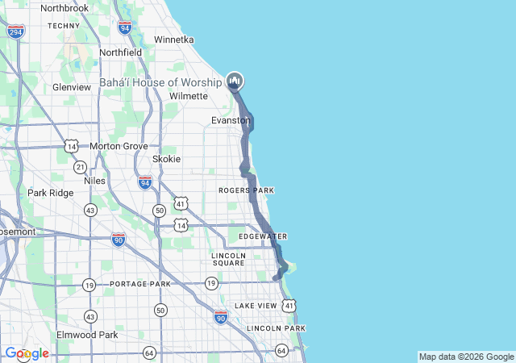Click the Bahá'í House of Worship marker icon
coord(235,81)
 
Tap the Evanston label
coord(231,120)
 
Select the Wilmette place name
coord(189,96)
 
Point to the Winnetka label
coord(173,39)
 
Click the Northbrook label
coord(64,8)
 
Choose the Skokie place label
coord(166,159)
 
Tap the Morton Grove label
coord(119,146)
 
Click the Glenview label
coord(72,87)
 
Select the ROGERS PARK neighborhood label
coord(246,190)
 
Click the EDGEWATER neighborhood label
coord(262,236)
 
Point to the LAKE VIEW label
coord(255,306)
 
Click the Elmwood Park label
coord(87,335)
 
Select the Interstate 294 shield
coord(15,31)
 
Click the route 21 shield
coord(79,166)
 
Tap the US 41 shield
coord(289,305)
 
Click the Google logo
coord(27,353)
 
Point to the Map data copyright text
coord(466,357)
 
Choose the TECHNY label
coord(64,26)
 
